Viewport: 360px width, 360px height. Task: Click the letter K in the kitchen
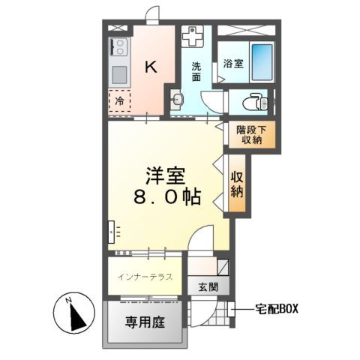150,67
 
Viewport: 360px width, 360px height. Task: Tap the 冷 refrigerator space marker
119,100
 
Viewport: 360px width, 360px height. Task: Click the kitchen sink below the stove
118,75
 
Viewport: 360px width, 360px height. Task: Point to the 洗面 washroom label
196,70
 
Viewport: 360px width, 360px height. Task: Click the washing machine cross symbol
193,37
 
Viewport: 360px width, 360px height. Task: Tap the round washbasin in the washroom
178,100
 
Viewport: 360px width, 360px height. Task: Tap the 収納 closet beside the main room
237,184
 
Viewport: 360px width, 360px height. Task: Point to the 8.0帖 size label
166,198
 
